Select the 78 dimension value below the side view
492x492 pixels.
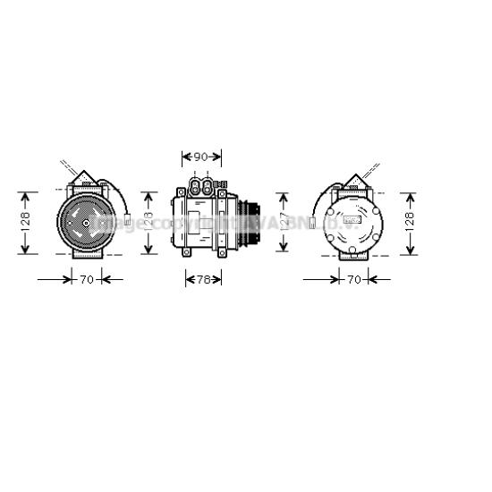(202, 280)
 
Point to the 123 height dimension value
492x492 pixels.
(148, 222)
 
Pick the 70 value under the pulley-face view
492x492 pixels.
(86, 280)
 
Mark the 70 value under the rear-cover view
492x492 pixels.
(353, 280)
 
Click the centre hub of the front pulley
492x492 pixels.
(86, 225)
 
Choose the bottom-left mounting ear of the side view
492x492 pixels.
(187, 252)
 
